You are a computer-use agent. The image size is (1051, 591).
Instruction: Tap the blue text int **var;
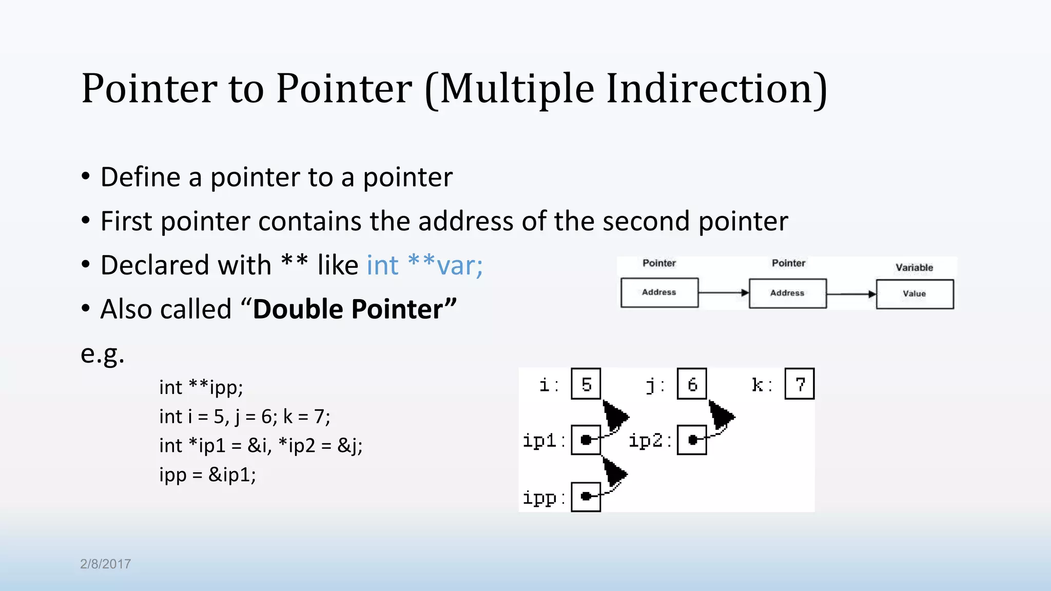coord(424,265)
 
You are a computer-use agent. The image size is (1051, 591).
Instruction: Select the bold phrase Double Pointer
coord(355,309)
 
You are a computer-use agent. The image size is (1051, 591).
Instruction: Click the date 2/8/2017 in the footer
coord(105,564)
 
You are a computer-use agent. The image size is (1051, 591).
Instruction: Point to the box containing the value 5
coord(586,384)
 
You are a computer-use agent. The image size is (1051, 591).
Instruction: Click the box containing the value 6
coord(692,384)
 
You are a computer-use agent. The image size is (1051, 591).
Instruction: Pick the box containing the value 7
coord(799,384)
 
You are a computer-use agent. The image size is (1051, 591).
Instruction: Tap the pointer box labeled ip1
coord(586,440)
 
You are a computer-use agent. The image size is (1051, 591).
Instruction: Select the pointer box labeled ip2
coord(692,440)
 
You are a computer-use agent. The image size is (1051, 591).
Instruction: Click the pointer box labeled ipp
coord(586,497)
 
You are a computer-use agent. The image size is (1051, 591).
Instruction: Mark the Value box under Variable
coord(914,294)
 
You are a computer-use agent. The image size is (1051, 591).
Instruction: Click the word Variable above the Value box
coord(914,267)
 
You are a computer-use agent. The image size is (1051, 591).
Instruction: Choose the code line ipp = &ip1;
coord(207,475)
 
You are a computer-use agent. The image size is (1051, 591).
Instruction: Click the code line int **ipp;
coord(201,387)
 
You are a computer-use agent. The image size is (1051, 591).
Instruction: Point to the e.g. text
coord(103,353)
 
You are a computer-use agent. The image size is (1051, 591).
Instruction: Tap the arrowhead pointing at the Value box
coord(872,294)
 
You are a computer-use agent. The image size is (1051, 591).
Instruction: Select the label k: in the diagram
coord(761,385)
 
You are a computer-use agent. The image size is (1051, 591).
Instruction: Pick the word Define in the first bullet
coord(140,178)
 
